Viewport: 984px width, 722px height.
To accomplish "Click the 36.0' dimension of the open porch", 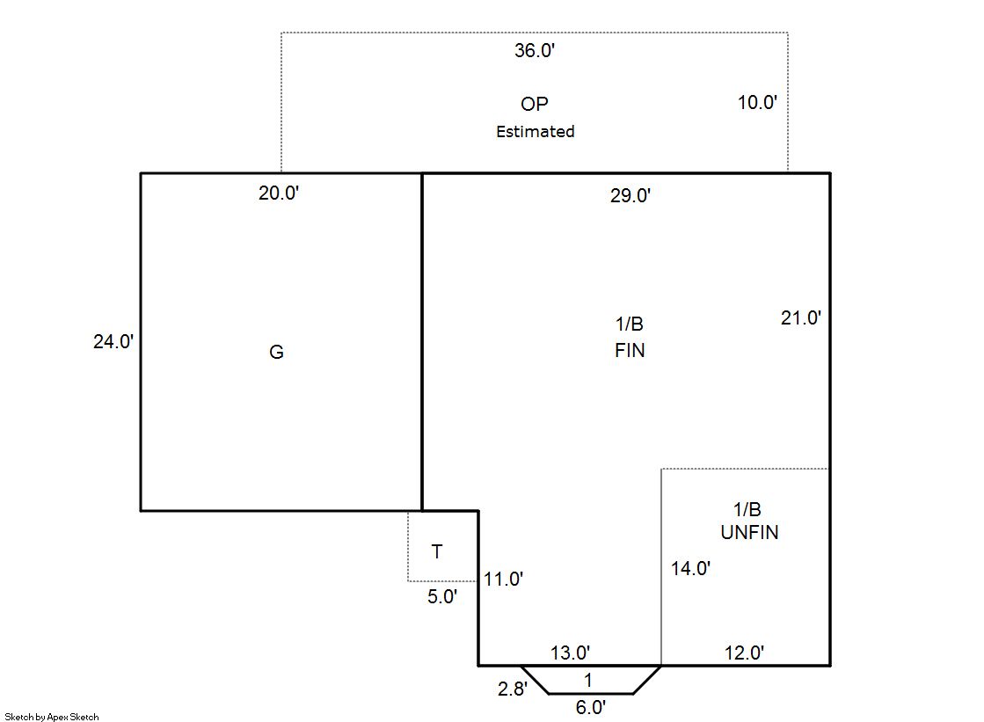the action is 535,50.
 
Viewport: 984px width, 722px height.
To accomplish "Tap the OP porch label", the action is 534,104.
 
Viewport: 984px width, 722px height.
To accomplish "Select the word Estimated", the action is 536,131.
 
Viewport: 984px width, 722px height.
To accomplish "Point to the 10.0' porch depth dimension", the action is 757,102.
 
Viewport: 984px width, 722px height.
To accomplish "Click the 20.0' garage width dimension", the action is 279,193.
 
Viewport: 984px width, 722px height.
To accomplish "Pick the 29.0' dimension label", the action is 630,195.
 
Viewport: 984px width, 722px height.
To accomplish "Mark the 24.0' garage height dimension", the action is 113,341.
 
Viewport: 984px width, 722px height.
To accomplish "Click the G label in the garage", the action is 277,352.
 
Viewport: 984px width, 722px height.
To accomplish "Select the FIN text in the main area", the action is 630,350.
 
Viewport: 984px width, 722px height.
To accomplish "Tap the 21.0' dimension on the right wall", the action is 801,317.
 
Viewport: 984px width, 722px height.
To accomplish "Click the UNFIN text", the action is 749,532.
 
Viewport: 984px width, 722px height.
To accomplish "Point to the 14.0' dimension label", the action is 690,568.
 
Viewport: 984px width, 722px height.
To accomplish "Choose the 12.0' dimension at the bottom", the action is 744,653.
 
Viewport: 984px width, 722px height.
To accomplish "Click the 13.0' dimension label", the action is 570,653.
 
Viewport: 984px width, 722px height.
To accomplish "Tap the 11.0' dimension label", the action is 503,579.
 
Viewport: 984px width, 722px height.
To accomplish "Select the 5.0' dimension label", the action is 442,596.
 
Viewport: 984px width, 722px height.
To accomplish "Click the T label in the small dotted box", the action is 437,552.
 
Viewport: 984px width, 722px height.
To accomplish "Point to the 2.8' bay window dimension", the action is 513,689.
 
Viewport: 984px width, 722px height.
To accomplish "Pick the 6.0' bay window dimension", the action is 591,708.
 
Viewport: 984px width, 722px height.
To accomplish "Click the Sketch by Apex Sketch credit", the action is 52,717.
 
